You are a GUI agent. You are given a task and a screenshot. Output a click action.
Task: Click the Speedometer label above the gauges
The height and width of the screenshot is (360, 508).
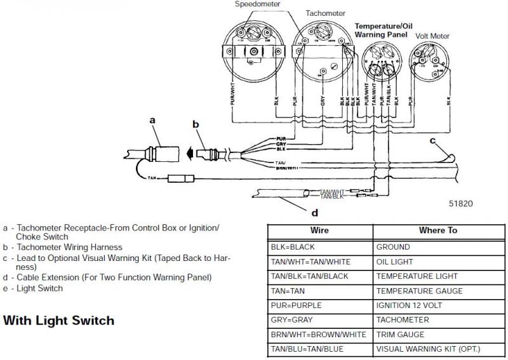point(257,4)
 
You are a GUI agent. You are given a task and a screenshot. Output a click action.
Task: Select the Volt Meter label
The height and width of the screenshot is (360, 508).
point(431,36)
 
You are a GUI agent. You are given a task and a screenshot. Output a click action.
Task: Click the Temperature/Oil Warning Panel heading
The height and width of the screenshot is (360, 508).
point(381,30)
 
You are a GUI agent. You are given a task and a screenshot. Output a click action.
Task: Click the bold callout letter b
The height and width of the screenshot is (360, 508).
point(196,124)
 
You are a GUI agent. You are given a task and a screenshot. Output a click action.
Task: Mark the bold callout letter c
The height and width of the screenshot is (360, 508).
point(433,140)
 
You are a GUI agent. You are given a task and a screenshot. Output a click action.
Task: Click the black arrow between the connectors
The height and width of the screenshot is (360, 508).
point(190,152)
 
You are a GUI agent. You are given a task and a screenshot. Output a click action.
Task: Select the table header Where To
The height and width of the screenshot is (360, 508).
point(438,230)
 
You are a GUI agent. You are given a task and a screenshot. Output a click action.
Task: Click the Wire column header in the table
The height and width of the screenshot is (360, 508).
point(319,230)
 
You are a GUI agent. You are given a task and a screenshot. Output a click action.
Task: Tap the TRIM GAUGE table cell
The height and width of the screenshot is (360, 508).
point(403,335)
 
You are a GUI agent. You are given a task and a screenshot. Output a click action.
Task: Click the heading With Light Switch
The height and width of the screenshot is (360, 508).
point(58,320)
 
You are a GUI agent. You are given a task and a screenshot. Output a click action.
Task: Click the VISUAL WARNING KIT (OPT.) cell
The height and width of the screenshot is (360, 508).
point(429,349)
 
